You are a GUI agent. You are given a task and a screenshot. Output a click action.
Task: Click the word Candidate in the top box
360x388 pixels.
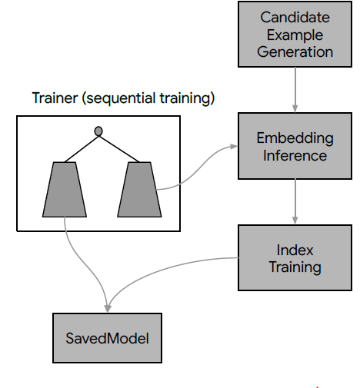[295, 18]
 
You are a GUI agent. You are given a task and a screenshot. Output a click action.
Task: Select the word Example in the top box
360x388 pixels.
[295, 35]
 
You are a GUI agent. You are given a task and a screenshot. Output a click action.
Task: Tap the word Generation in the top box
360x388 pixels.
[295, 51]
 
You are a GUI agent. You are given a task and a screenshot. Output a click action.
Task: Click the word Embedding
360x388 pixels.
[295, 139]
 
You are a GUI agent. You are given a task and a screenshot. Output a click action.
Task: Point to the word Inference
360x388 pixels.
[295, 155]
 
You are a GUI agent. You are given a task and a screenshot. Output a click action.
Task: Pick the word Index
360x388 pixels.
[295, 250]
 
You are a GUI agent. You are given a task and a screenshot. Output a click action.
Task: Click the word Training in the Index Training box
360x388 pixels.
[295, 267]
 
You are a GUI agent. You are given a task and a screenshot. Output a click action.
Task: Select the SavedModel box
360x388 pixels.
[107, 338]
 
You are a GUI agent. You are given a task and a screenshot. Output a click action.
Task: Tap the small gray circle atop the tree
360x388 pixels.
[98, 131]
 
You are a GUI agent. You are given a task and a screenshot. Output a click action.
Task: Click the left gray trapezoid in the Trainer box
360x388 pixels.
[65, 190]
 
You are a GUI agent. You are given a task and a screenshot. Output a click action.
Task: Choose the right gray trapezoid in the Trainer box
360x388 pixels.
[139, 190]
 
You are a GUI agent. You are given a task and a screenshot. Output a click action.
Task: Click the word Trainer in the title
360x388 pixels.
[55, 98]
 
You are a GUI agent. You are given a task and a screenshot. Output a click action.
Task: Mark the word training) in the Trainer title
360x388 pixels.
[187, 98]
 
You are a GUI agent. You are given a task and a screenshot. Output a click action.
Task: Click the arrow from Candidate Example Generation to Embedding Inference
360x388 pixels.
[295, 90]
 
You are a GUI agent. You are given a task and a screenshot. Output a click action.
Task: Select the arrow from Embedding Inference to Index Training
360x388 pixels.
[295, 201]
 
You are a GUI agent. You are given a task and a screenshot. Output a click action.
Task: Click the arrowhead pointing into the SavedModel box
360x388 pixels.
[108, 309]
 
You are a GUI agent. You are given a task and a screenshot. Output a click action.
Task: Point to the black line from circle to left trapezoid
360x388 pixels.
[82, 149]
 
